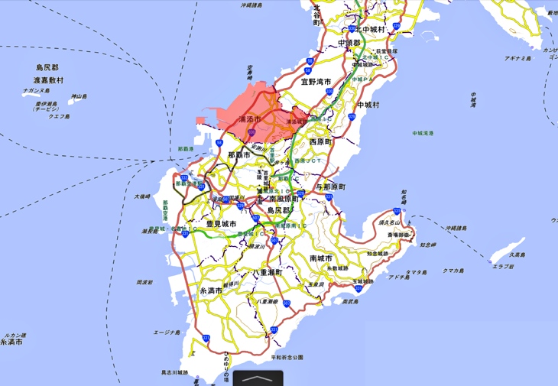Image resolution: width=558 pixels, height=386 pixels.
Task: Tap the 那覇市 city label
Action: click(x=239, y=154)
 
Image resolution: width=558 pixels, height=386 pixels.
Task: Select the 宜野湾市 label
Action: click(x=316, y=81)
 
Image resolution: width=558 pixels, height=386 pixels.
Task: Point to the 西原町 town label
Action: click(x=321, y=142)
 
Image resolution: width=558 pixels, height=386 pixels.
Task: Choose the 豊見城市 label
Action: click(x=221, y=223)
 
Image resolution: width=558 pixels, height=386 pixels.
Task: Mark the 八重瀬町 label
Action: click(x=268, y=272)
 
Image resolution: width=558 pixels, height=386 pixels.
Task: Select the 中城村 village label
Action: click(x=368, y=104)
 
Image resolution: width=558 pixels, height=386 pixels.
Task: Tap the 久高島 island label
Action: click(x=519, y=255)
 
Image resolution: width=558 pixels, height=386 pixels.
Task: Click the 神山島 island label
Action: click(x=79, y=96)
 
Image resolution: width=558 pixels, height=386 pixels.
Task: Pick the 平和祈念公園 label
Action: click(x=287, y=357)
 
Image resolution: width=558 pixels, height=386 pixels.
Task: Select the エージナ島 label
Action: click(x=166, y=332)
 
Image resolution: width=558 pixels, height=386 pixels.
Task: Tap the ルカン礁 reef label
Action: click(x=14, y=335)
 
